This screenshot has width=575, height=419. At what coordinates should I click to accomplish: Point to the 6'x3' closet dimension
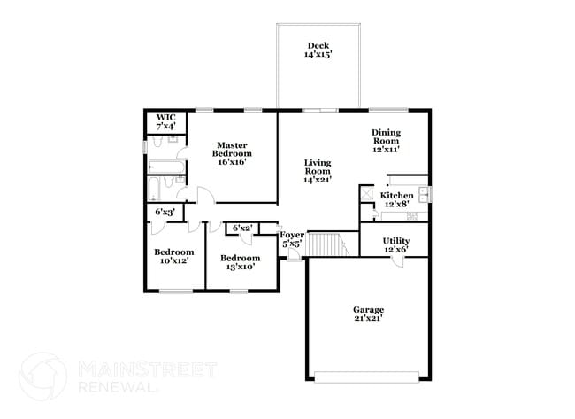click(165, 213)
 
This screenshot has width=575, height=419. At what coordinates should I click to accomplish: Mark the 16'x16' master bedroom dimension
click(232, 162)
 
